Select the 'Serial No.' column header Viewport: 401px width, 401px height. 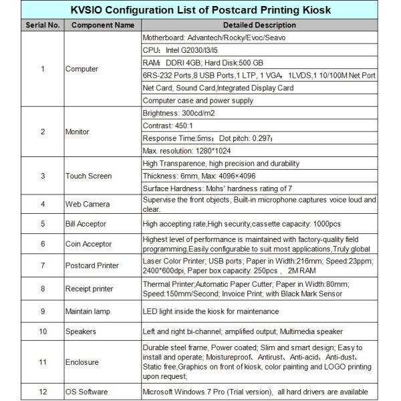pyautogui.click(x=42, y=25)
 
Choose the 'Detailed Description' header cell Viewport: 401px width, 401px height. pyautogui.click(x=259, y=25)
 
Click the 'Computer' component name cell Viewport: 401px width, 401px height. pyautogui.click(x=82, y=68)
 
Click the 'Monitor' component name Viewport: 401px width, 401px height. pyautogui.click(x=79, y=132)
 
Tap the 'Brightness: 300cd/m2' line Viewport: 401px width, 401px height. pyautogui.click(x=180, y=113)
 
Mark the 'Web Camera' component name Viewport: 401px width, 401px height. pyautogui.click(x=88, y=203)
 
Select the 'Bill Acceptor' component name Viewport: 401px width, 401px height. pyautogui.click(x=86, y=223)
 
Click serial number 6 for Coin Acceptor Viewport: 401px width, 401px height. pyautogui.click(x=42, y=244)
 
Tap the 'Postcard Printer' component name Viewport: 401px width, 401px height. pyautogui.click(x=92, y=265)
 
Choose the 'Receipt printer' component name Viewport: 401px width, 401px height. pyautogui.click(x=90, y=289)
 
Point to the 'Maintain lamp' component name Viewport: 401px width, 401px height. pyautogui.click(x=88, y=311)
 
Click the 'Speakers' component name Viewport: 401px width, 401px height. pyautogui.click(x=82, y=331)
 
